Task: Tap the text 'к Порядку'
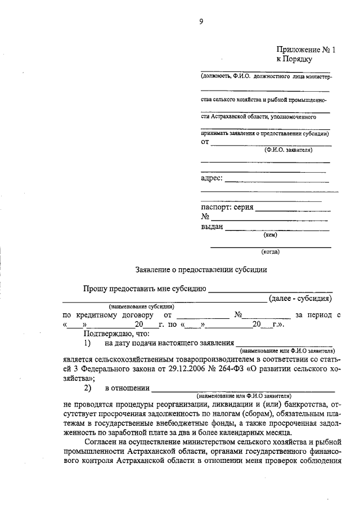[x=294, y=58]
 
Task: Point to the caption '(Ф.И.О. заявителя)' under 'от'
[x=288, y=150]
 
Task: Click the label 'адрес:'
[x=211, y=179]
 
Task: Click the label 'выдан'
[x=212, y=227]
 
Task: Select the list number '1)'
[x=88, y=343]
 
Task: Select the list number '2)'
[x=88, y=388]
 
